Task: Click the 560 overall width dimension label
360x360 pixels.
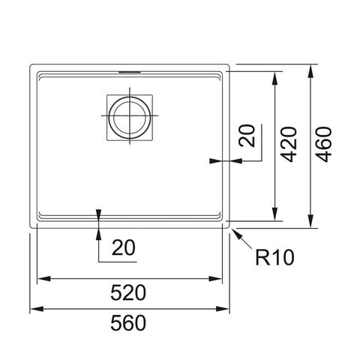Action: (128, 322)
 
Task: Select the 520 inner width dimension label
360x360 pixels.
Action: (128, 292)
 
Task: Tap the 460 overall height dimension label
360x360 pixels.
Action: (323, 145)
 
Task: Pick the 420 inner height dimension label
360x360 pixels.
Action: (289, 145)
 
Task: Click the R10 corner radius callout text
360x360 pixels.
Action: (274, 257)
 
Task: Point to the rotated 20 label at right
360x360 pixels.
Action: (247, 136)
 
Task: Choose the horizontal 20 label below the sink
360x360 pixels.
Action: (124, 247)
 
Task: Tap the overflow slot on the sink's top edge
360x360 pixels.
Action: (130, 72)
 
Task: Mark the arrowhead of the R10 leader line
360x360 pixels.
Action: (236, 232)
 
